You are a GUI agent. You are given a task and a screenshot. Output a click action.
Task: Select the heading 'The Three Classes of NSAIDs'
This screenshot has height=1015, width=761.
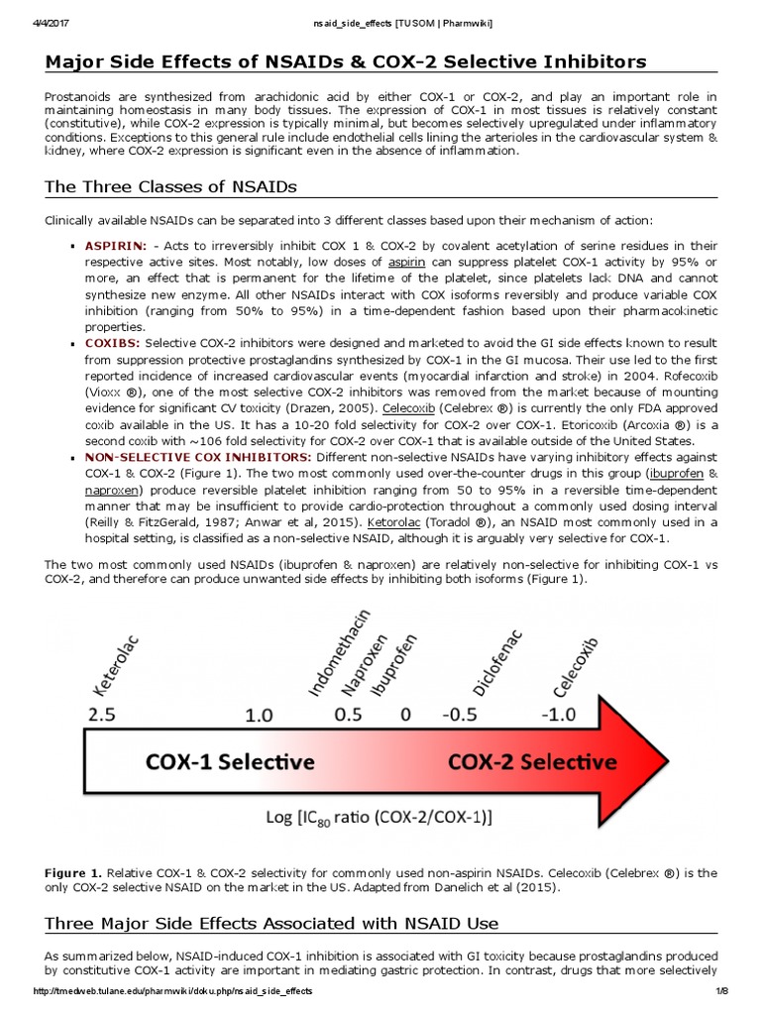170,186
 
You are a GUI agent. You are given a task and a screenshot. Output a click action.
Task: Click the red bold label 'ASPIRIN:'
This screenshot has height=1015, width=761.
116,244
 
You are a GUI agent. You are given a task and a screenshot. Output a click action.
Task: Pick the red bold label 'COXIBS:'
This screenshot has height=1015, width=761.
113,342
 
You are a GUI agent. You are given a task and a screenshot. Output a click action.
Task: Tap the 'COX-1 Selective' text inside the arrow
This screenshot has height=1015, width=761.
231,762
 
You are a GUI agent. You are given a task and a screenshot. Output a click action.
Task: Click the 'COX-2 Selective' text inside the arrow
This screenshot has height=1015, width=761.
532,762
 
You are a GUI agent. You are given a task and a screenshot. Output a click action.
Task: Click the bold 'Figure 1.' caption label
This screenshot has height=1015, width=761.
76,872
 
